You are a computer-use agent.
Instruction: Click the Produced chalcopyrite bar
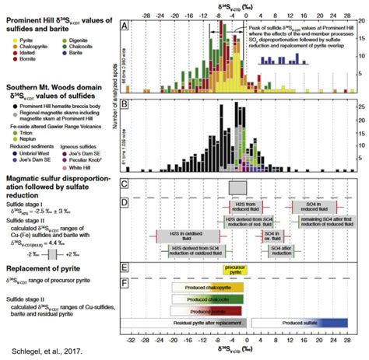coord(206,287)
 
